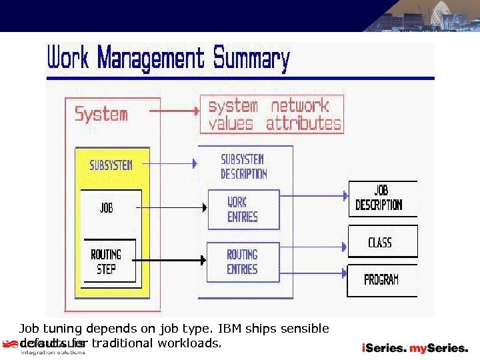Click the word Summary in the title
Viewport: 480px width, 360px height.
(251, 59)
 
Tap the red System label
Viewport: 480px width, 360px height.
(101, 114)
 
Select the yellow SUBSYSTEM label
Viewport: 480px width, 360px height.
(111, 165)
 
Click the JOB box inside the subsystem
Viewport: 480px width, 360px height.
(107, 209)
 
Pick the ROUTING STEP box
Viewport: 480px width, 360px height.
(107, 261)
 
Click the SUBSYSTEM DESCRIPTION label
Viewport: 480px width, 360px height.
(244, 167)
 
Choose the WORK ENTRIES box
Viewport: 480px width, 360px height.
(242, 209)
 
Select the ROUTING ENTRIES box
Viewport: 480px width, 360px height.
(242, 261)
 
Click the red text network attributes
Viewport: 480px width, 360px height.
(303, 115)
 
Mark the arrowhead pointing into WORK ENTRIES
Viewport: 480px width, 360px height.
(204, 207)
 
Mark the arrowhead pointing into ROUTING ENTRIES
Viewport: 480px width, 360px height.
(204, 260)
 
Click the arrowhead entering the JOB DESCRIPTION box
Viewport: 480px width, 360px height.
(345, 196)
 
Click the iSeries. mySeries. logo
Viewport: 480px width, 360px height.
(415, 347)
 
